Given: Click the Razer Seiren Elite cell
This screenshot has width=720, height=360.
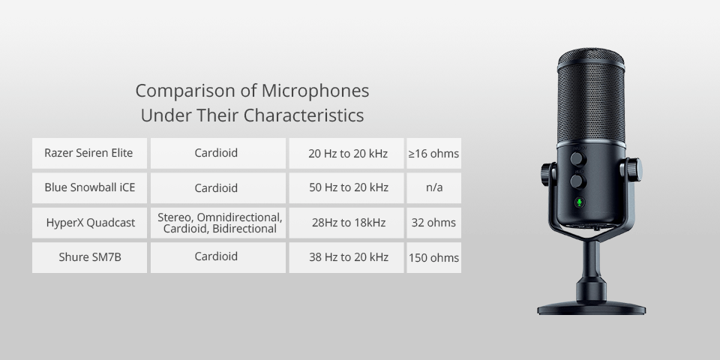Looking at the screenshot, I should click(89, 153).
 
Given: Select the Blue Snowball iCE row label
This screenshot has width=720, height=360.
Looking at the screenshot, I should click(89, 187).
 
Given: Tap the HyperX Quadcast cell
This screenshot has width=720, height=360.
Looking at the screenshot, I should click(89, 223).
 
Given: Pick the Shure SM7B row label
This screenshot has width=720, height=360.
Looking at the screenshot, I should click(89, 257).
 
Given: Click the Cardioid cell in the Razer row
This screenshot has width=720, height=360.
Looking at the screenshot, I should click(217, 153).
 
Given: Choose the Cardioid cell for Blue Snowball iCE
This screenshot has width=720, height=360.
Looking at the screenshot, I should click(217, 187).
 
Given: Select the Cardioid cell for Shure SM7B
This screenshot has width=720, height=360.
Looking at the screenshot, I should click(217, 256).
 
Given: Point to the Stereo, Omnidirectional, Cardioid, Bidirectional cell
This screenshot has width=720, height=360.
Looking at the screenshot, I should click(219, 223).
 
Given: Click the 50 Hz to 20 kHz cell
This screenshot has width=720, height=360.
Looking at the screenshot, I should click(348, 187).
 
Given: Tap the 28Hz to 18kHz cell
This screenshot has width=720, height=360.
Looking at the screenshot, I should click(348, 223).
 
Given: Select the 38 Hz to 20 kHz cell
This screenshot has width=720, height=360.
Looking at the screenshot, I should click(348, 257).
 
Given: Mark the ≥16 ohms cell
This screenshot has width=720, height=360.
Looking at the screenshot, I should click(433, 154).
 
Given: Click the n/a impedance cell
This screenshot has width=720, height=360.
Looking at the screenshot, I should click(433, 187).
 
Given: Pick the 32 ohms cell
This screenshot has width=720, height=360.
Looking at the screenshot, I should click(433, 223).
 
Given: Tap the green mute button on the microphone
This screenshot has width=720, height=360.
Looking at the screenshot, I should click(578, 202).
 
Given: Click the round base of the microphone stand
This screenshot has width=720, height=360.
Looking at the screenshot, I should click(591, 306).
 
